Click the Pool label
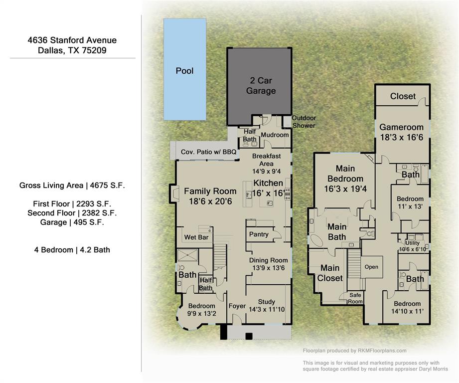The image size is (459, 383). click(x=184, y=71)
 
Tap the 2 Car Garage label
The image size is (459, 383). click(x=261, y=86)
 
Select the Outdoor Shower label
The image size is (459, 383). click(x=304, y=122)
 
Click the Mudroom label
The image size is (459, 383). click(x=275, y=135)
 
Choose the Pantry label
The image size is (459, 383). click(x=259, y=234)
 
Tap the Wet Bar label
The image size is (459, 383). click(x=196, y=237)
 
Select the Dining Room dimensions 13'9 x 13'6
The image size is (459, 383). click(x=268, y=268)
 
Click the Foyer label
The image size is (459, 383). click(x=237, y=306)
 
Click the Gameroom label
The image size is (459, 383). click(x=401, y=127)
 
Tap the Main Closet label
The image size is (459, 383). click(x=329, y=273)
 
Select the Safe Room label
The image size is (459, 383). click(x=355, y=298)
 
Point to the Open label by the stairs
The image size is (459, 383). click(x=371, y=267)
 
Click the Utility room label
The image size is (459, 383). click(x=413, y=243)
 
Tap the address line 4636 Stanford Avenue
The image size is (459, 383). click(x=72, y=40)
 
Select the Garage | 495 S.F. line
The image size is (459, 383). click(x=72, y=222)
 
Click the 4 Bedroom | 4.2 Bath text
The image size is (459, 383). click(x=72, y=249)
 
